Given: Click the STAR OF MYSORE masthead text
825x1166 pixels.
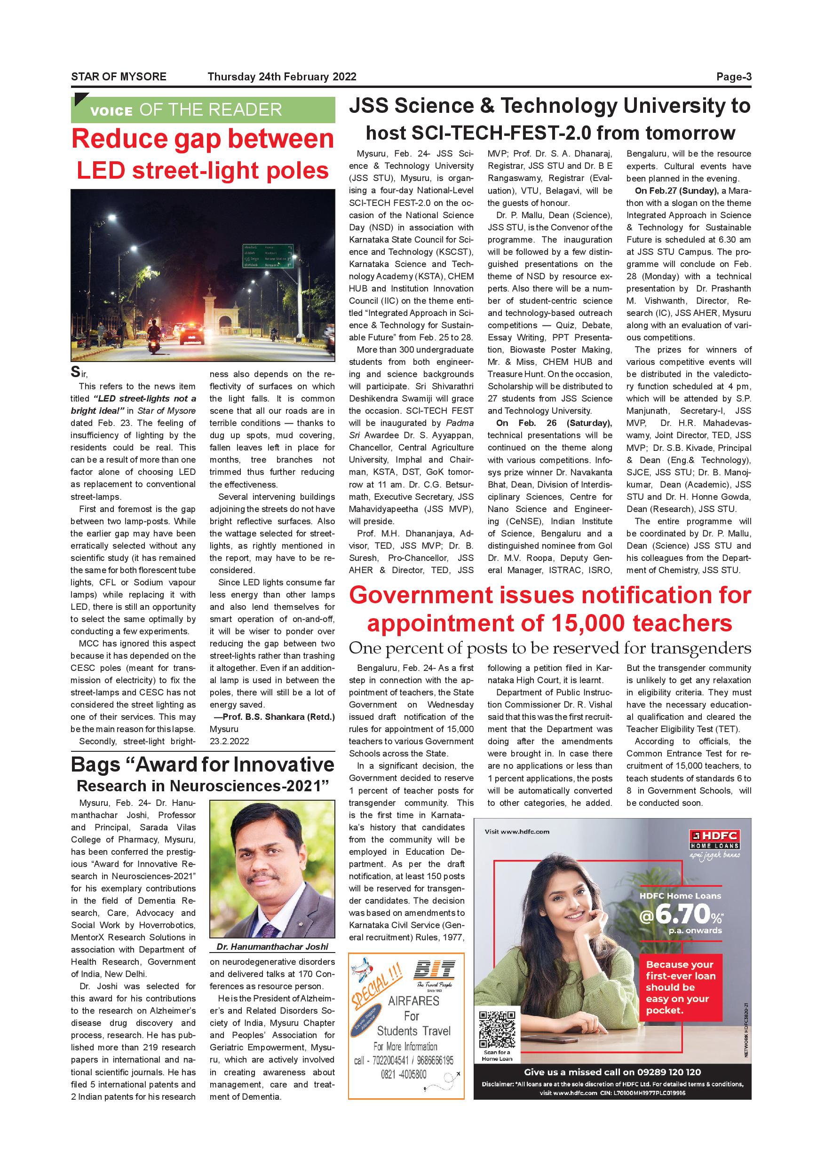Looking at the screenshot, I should (119, 77).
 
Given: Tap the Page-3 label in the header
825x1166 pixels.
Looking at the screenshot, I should (734, 77).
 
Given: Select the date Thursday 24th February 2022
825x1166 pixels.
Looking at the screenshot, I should (282, 77).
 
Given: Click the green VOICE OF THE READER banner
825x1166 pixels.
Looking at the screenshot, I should (203, 110).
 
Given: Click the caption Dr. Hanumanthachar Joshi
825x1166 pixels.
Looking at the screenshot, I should (272, 946).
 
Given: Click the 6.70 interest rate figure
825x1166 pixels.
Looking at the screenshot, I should (681, 914).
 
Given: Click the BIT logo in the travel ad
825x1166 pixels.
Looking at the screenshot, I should (434, 969).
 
